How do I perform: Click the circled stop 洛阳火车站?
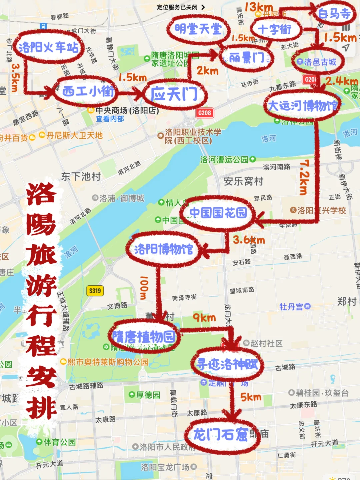[48, 47]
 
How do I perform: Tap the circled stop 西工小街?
[88, 91]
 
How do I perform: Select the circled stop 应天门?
[174, 94]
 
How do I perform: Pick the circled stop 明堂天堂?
[198, 29]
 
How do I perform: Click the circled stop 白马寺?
[334, 14]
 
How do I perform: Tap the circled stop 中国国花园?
[218, 213]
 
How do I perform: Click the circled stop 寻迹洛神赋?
[227, 364]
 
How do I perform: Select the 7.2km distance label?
[304, 177]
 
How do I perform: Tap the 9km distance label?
[204, 318]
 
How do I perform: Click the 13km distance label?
[259, 7]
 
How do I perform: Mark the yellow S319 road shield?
[95, 291]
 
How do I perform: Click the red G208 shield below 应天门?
[204, 113]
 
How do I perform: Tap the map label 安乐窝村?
[243, 181]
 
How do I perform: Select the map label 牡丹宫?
[291, 306]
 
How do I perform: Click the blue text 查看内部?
[110, 119]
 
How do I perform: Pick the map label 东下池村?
[81, 176]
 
